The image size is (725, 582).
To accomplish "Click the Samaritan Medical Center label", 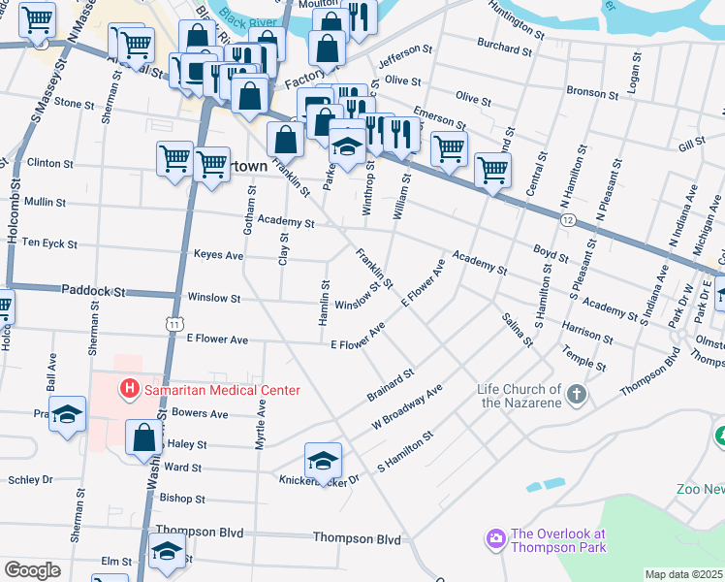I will [x=222, y=390].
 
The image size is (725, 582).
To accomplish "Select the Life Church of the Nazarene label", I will [x=520, y=396].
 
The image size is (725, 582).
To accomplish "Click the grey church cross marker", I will [x=577, y=394].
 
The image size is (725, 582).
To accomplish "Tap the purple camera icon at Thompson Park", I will [x=495, y=537].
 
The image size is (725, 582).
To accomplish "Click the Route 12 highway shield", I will [x=567, y=221].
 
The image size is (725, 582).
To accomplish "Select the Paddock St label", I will [x=94, y=290].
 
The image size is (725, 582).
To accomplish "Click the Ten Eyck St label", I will [x=48, y=242].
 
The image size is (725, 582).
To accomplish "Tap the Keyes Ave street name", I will [x=218, y=255].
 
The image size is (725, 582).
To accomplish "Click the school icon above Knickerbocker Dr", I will [x=323, y=458].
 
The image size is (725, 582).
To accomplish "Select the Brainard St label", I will [x=391, y=385].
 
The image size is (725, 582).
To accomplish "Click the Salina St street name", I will [x=517, y=330].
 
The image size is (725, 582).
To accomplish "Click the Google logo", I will [x=31, y=570].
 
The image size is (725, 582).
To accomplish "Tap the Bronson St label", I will [x=592, y=94].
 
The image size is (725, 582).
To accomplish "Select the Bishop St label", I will [x=182, y=499].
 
